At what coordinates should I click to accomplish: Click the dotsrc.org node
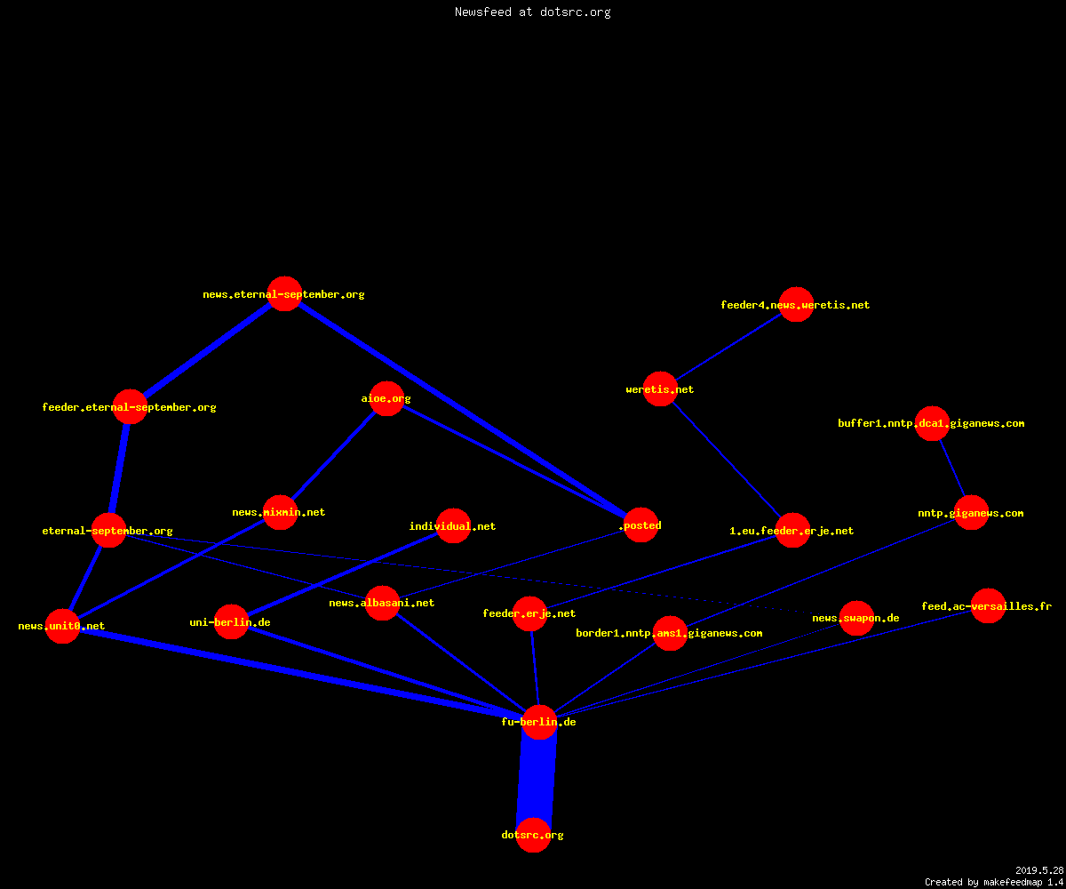pos(533,835)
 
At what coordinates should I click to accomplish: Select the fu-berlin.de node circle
pos(539,722)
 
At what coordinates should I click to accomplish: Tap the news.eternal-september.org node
pos(284,293)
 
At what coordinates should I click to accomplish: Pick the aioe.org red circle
pos(386,398)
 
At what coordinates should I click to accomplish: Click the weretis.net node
pos(660,388)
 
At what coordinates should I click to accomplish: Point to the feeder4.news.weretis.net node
pos(796,305)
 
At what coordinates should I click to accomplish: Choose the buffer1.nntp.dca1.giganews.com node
pos(932,423)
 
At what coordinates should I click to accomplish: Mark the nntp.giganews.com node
pos(971,512)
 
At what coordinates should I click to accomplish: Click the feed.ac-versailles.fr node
pos(988,606)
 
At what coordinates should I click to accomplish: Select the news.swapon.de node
pos(856,618)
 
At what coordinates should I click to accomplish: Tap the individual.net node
pos(453,525)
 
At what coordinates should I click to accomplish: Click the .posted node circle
pos(640,525)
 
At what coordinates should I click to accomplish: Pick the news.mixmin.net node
pos(280,512)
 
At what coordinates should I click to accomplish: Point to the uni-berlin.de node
pos(231,621)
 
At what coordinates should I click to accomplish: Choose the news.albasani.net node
pos(382,603)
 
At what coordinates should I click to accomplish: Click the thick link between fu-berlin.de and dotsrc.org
pos(536,778)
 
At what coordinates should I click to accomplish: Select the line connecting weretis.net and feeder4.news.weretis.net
pos(728,347)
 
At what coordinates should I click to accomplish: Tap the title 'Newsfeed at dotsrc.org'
pos(532,12)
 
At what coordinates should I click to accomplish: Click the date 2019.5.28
pos(1039,870)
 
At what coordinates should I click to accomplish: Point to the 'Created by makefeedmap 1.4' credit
pos(994,882)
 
